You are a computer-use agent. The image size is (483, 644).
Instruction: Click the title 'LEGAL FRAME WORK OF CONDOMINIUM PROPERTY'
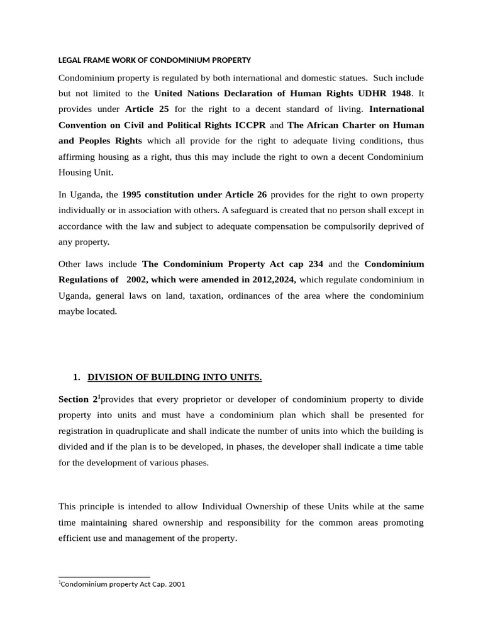(155, 60)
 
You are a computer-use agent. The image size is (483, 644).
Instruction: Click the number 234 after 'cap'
(313, 264)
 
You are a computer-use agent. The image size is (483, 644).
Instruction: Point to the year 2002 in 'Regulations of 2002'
(136, 280)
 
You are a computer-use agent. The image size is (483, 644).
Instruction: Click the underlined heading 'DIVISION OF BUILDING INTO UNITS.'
(174, 377)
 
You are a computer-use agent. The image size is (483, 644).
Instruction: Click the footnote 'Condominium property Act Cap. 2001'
(123, 584)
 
